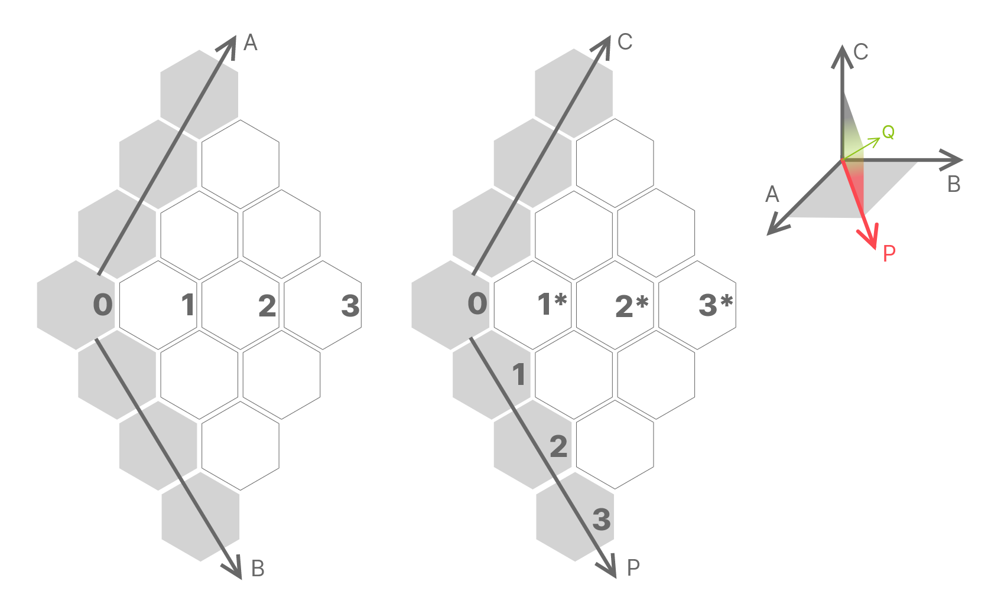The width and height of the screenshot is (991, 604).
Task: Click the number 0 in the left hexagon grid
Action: pyautogui.click(x=103, y=305)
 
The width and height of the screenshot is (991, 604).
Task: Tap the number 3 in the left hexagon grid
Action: pyautogui.click(x=350, y=306)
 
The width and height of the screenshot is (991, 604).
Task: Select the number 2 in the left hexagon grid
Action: pyautogui.click(x=267, y=306)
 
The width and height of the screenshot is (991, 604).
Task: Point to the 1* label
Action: pyautogui.click(x=552, y=304)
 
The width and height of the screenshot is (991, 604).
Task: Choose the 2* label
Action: pyautogui.click(x=632, y=306)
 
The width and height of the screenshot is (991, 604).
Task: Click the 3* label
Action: pyautogui.click(x=715, y=305)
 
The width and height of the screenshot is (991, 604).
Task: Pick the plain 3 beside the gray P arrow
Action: pyautogui.click(x=602, y=520)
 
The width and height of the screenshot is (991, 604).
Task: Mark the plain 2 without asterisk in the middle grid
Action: pyautogui.click(x=558, y=446)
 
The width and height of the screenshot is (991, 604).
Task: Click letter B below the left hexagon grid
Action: pyautogui.click(x=258, y=569)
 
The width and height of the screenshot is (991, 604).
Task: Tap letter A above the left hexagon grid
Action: pyautogui.click(x=251, y=43)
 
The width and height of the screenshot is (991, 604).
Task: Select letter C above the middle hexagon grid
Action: pyautogui.click(x=625, y=42)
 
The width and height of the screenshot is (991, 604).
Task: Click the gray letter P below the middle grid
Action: pyautogui.click(x=633, y=568)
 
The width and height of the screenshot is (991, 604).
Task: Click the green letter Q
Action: pyautogui.click(x=888, y=132)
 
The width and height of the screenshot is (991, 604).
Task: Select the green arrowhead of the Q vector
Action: pyautogui.click(x=877, y=141)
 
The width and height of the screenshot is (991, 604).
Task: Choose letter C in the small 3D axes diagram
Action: pyautogui.click(x=861, y=52)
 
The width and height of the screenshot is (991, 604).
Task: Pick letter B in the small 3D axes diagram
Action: pyautogui.click(x=954, y=185)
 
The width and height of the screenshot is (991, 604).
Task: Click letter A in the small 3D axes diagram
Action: pyautogui.click(x=772, y=194)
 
